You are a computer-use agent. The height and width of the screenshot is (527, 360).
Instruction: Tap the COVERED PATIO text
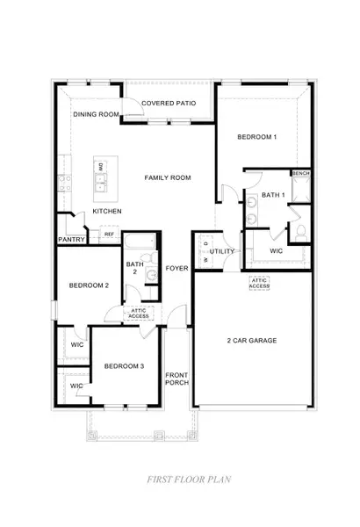tap(169, 104)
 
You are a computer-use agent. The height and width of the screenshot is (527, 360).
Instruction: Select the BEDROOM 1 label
tap(257, 137)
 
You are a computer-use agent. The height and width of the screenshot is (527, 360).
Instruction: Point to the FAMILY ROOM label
tap(168, 178)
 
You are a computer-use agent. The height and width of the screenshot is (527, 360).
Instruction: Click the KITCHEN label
tap(107, 212)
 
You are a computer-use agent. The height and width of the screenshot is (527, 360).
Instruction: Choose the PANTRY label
tap(70, 239)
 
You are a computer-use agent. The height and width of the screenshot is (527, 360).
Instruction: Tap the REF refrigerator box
tap(109, 235)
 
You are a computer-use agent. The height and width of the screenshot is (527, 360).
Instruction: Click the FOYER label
tap(177, 268)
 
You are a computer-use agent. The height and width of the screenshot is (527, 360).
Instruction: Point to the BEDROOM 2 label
tap(89, 285)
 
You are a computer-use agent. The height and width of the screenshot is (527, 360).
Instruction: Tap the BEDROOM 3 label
tap(124, 365)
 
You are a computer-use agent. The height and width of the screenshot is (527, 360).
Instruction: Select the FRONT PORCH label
tap(177, 379)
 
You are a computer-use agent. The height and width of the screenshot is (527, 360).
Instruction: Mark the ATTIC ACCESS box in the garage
tap(260, 283)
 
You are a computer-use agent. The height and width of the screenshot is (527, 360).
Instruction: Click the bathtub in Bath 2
tap(140, 243)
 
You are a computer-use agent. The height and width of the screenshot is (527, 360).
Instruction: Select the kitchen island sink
tap(100, 184)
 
